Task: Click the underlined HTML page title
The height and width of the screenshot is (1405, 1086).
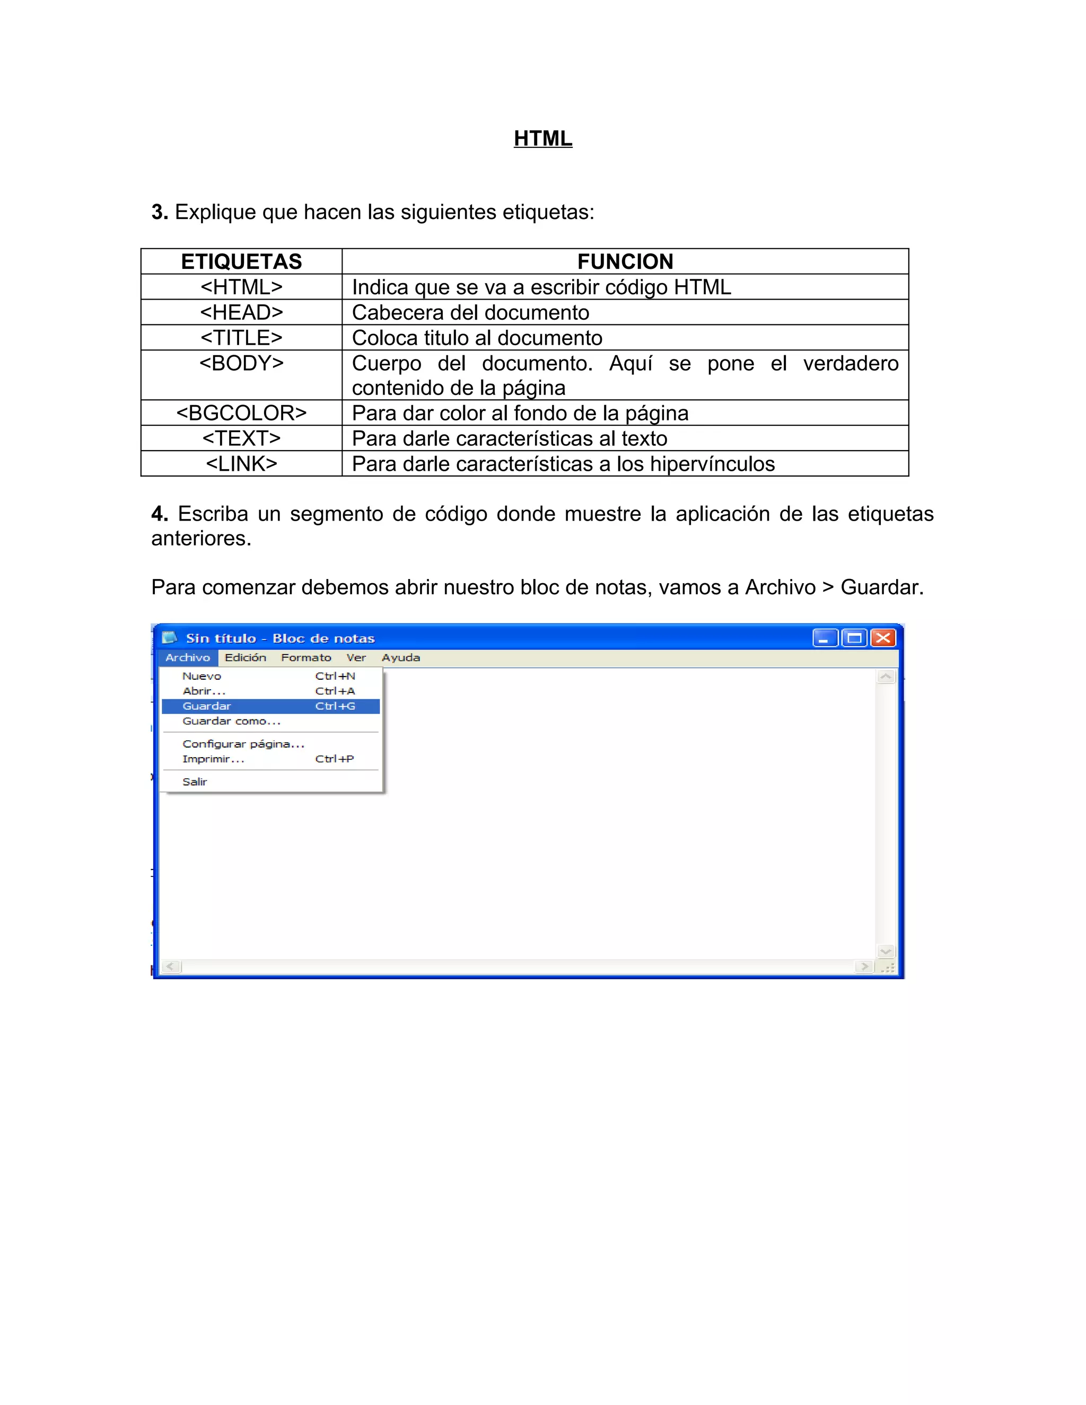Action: pyautogui.click(x=542, y=138)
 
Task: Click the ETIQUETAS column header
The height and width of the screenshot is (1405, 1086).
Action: pyautogui.click(x=241, y=262)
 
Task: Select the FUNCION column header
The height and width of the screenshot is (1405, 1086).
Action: pyautogui.click(x=625, y=262)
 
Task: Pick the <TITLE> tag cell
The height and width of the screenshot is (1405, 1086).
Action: pyautogui.click(x=241, y=338)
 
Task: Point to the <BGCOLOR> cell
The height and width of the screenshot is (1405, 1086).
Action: pyautogui.click(x=241, y=413)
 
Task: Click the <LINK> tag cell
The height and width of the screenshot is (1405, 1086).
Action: pyautogui.click(x=241, y=464)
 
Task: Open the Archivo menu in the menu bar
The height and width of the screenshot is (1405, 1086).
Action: pyautogui.click(x=187, y=657)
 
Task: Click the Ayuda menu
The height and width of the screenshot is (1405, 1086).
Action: pyautogui.click(x=400, y=657)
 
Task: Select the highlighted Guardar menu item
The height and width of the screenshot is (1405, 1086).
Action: pyautogui.click(x=206, y=706)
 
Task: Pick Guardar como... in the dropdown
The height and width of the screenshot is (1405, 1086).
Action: pyautogui.click(x=231, y=721)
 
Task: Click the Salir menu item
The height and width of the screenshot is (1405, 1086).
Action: pyautogui.click(x=194, y=781)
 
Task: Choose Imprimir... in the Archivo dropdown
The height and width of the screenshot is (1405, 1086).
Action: pyautogui.click(x=213, y=759)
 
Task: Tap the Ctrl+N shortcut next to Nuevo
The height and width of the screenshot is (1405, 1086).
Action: pyautogui.click(x=335, y=676)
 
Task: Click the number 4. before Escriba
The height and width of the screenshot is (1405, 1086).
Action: pyautogui.click(x=160, y=514)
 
